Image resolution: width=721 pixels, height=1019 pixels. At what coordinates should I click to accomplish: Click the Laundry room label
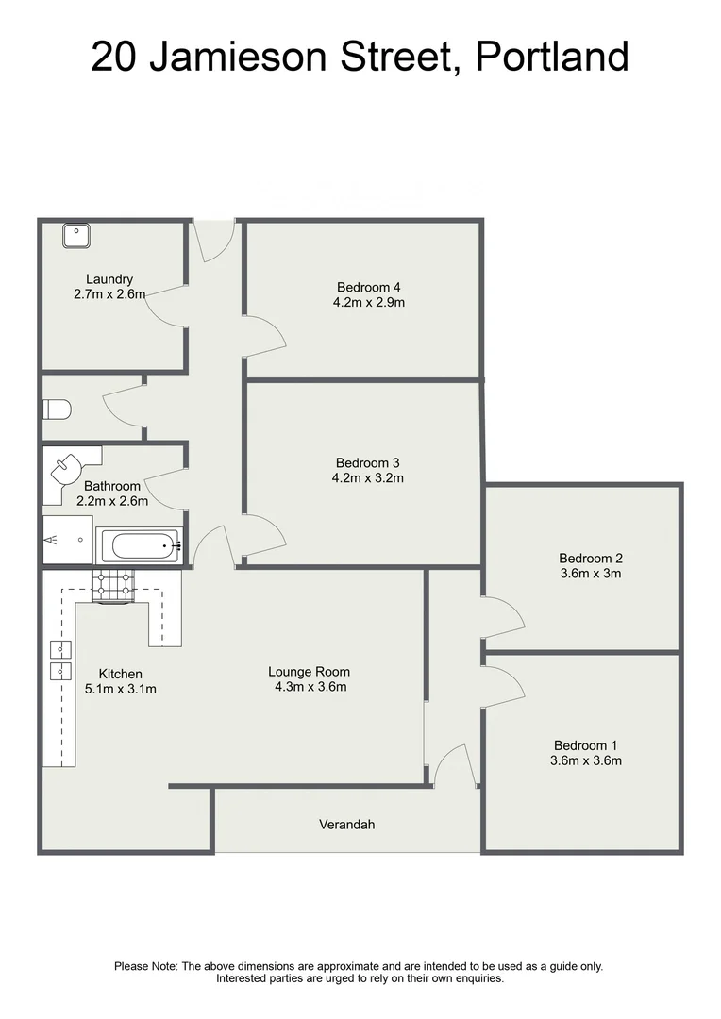(x=109, y=279)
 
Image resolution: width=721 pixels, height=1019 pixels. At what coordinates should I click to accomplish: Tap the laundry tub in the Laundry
(x=76, y=233)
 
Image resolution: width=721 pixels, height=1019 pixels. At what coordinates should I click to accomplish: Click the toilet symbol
(x=57, y=410)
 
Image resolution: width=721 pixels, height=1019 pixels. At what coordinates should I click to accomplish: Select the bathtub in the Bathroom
(x=141, y=545)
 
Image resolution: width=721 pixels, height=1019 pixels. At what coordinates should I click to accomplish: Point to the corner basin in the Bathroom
(x=70, y=466)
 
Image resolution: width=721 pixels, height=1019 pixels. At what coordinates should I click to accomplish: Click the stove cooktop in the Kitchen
(x=114, y=586)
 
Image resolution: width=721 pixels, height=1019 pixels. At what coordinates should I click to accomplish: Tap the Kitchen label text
(x=121, y=674)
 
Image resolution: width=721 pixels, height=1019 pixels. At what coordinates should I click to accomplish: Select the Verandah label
(x=346, y=825)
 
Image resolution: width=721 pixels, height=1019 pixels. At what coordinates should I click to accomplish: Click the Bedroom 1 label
(x=586, y=744)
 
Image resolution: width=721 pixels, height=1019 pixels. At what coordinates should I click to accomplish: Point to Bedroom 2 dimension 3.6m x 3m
(x=590, y=573)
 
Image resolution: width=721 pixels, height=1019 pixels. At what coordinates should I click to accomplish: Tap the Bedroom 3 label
(x=368, y=462)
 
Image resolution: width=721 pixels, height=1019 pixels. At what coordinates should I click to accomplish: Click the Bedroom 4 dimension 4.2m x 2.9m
(x=370, y=303)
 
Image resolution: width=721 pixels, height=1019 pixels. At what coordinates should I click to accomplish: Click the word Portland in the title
(x=552, y=57)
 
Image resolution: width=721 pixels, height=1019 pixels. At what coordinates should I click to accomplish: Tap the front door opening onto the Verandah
(x=456, y=765)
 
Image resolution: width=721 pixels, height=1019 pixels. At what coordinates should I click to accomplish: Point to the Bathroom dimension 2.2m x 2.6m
(x=111, y=501)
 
